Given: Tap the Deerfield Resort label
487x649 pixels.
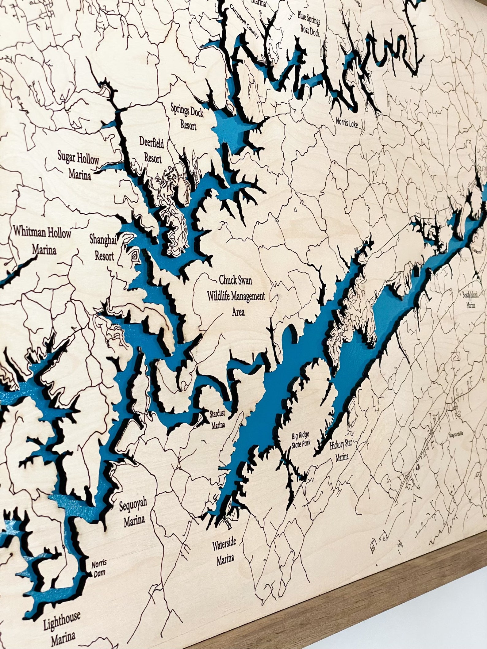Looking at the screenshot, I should (152, 150).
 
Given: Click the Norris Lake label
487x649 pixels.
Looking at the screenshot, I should (347, 124).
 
